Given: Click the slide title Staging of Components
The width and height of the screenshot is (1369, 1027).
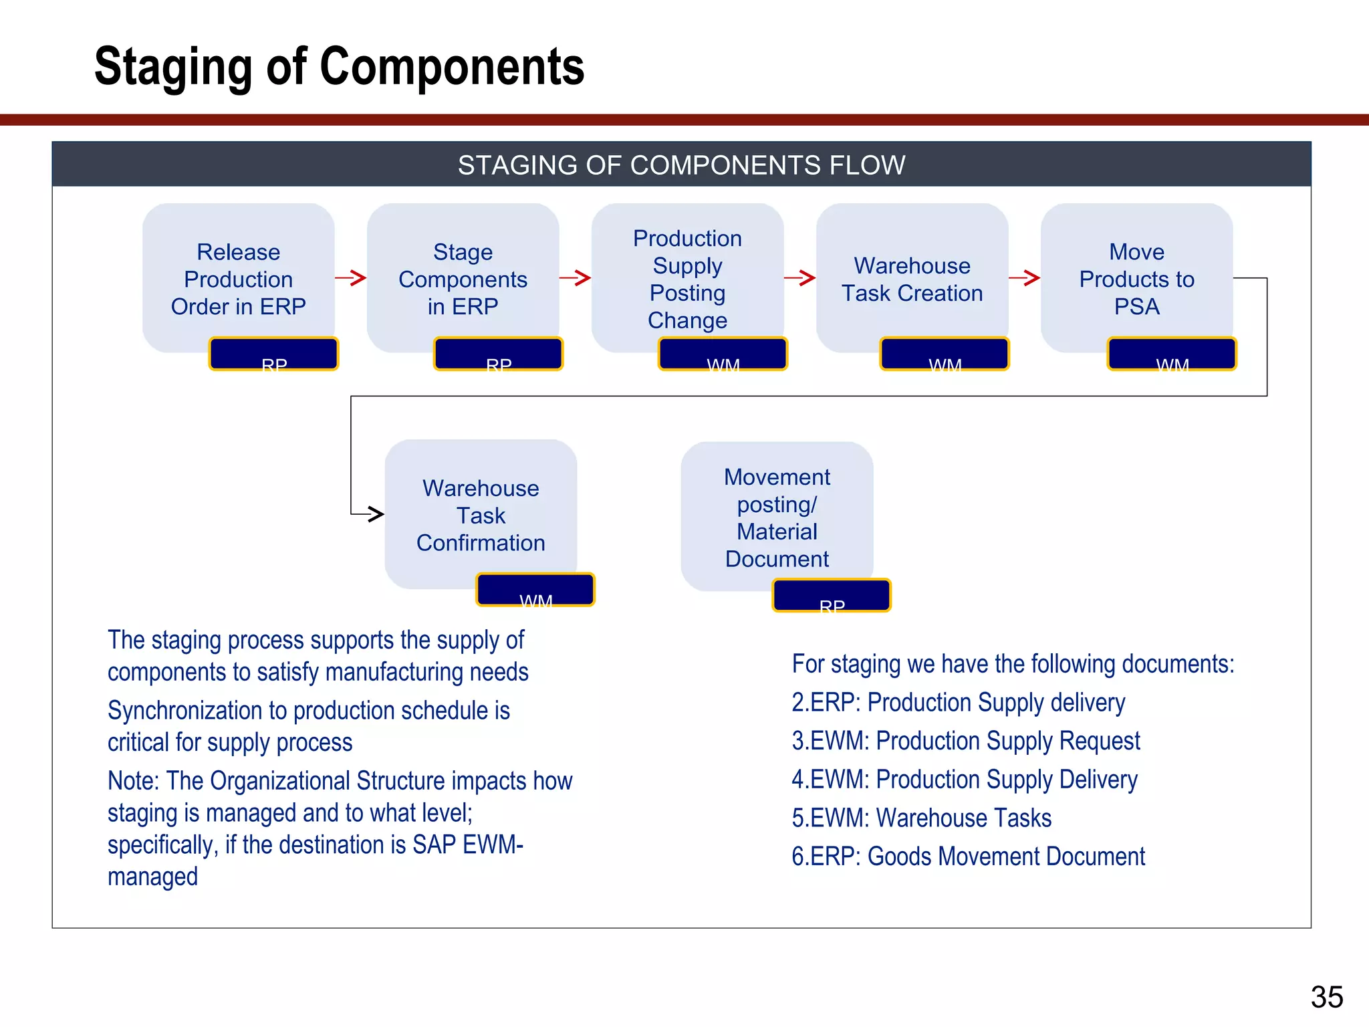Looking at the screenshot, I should [x=339, y=66].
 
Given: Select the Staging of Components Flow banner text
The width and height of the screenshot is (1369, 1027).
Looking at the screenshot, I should [x=681, y=165].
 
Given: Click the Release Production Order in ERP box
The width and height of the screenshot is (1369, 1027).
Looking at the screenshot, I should [x=239, y=278].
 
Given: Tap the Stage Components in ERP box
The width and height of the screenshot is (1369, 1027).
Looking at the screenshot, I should [x=463, y=278].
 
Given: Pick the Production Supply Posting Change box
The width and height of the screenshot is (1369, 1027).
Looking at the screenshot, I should [x=687, y=278].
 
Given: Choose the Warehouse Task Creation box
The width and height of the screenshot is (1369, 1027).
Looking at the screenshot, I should [x=912, y=278].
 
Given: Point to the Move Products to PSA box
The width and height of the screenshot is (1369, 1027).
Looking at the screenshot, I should [x=1136, y=278].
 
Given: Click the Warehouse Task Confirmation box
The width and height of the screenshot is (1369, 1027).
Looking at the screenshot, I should [x=481, y=514].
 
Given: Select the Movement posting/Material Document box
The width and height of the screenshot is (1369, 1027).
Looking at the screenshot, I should [x=777, y=517].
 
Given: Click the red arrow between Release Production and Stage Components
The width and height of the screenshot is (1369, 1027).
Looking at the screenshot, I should [x=351, y=277].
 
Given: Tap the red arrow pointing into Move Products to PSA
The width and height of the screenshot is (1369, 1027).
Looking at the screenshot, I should [x=1025, y=277].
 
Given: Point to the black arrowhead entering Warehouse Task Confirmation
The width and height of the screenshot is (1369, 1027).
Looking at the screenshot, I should [x=376, y=514].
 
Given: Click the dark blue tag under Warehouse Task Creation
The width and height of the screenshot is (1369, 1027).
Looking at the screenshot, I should [x=945, y=354].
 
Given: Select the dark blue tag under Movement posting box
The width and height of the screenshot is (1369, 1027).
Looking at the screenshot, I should [x=832, y=595].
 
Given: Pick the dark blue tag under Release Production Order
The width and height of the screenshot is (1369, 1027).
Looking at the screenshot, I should [x=273, y=354].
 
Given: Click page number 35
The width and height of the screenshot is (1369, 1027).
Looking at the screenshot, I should [x=1326, y=997].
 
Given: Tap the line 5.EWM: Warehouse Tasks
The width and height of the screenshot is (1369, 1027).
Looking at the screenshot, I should [x=921, y=818].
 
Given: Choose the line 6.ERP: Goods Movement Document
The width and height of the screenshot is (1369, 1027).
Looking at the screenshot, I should [x=968, y=857].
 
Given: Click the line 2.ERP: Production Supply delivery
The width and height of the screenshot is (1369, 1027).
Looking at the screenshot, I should [x=958, y=703].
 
